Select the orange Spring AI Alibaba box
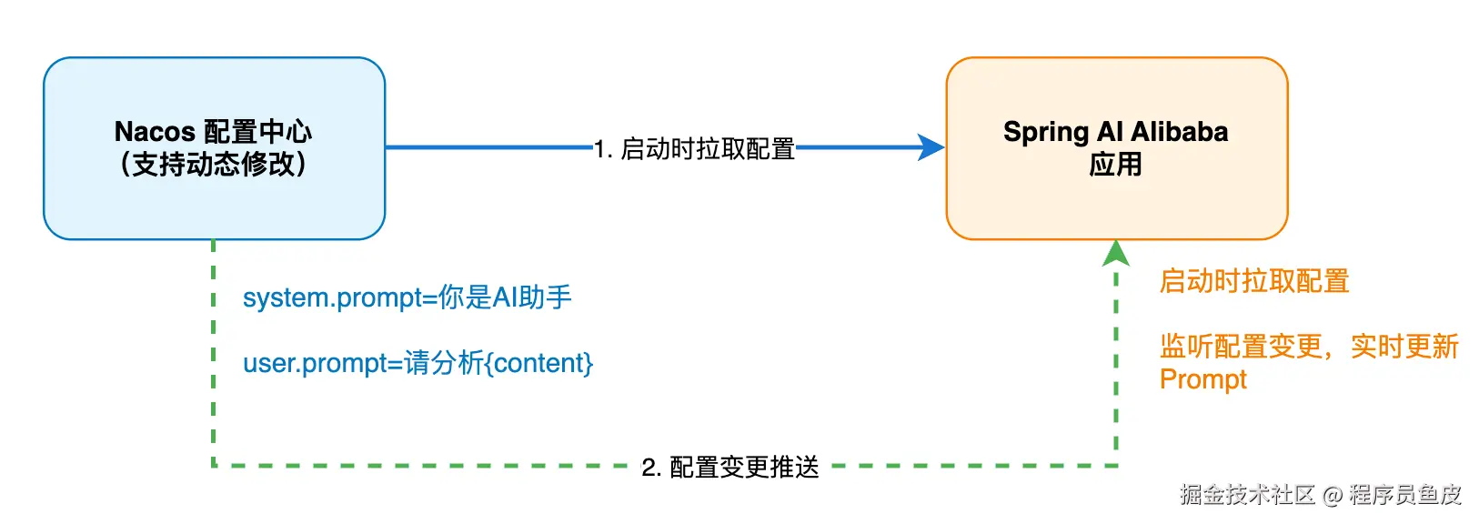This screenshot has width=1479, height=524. (x=1116, y=205)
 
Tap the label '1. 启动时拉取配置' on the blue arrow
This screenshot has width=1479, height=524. (x=694, y=148)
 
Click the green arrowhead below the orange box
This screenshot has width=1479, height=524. (x=1116, y=252)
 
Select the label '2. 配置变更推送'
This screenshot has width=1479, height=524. (x=730, y=467)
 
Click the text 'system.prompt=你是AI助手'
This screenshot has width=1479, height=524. (x=407, y=297)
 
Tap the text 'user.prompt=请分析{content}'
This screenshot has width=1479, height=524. (x=418, y=363)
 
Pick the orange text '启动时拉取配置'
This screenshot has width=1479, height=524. (x=1253, y=281)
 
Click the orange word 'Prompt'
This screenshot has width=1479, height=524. (x=1202, y=379)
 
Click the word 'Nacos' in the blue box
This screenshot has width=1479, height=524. (x=155, y=132)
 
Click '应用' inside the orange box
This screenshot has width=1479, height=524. (x=1115, y=165)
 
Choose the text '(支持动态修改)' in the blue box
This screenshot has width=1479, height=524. (x=214, y=165)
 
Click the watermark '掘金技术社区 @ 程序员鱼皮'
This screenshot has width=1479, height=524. (x=1320, y=494)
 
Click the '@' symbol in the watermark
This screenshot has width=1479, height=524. (x=1333, y=495)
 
